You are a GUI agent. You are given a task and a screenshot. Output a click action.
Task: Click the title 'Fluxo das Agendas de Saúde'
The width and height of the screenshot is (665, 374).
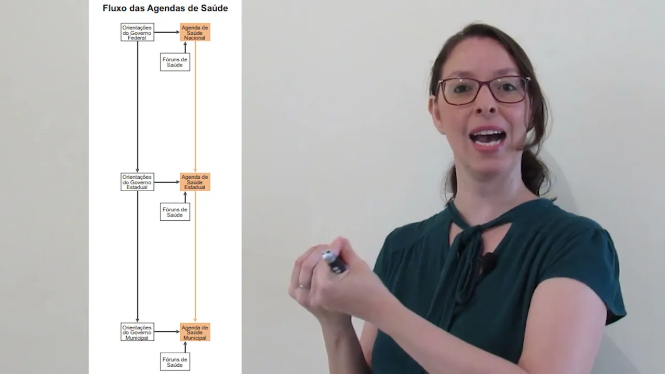click(x=165, y=8)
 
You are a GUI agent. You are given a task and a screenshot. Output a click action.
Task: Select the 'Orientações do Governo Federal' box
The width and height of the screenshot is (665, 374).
click(x=137, y=32)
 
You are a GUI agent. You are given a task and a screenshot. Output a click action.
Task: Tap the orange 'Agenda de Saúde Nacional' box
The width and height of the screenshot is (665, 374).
click(x=195, y=32)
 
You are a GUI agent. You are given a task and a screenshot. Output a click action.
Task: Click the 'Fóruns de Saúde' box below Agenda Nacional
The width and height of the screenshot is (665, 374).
click(x=175, y=62)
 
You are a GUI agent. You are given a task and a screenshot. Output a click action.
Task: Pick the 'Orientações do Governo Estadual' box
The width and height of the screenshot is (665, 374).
click(x=137, y=182)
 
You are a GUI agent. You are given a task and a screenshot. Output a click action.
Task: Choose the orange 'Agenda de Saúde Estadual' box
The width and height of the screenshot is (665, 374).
click(x=195, y=182)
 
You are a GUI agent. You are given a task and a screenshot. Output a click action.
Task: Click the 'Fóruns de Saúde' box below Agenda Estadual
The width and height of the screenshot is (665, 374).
click(x=175, y=212)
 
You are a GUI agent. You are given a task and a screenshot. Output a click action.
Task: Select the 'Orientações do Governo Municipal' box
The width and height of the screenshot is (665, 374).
click(x=137, y=332)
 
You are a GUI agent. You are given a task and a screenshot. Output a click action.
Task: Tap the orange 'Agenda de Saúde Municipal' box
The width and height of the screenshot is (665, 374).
click(x=195, y=332)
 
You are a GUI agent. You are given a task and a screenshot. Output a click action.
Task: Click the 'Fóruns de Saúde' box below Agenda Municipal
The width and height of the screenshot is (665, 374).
click(x=175, y=362)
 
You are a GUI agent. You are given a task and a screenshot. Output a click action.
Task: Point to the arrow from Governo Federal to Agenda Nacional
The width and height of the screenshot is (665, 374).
click(x=167, y=32)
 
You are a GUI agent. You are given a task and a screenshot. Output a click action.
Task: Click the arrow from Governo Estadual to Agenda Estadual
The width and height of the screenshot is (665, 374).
click(x=167, y=182)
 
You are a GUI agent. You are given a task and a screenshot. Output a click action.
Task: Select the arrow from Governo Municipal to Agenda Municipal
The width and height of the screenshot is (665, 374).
click(x=167, y=332)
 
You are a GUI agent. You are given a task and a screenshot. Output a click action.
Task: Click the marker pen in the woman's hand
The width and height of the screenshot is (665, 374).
click(x=334, y=261)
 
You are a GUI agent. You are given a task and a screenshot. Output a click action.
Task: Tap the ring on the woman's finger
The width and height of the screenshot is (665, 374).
click(x=303, y=286)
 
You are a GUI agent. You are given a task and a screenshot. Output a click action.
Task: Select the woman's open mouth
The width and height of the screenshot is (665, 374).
click(x=488, y=137)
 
